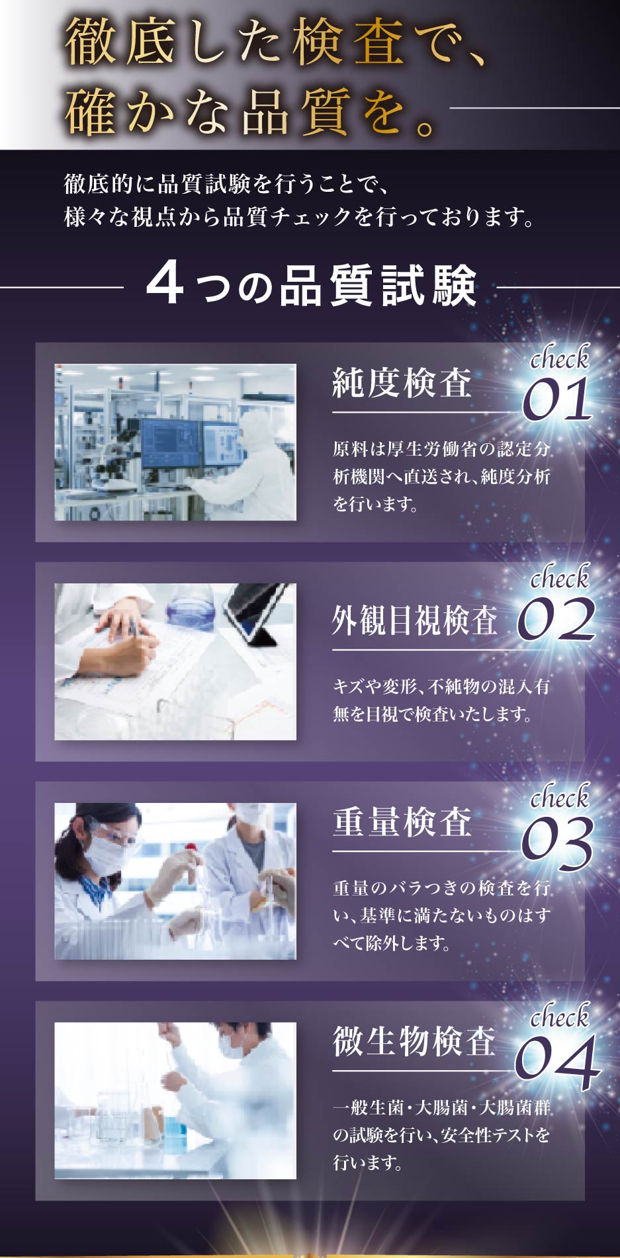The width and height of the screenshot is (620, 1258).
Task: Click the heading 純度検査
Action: click(402, 383)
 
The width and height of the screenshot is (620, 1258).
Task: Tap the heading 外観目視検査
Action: click(415, 620)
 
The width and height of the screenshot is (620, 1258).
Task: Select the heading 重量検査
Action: click(402, 822)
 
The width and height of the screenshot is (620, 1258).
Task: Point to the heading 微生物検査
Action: click(414, 1041)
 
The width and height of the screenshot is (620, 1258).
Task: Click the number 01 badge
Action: click(557, 399)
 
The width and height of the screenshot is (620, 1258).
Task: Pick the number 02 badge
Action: click(556, 619)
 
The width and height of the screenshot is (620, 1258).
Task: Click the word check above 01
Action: click(560, 358)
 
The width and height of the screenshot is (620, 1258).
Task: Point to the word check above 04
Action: click(560, 1016)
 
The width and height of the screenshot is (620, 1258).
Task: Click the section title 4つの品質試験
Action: click(311, 286)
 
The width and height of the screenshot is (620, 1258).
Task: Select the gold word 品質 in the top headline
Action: click(294, 111)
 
